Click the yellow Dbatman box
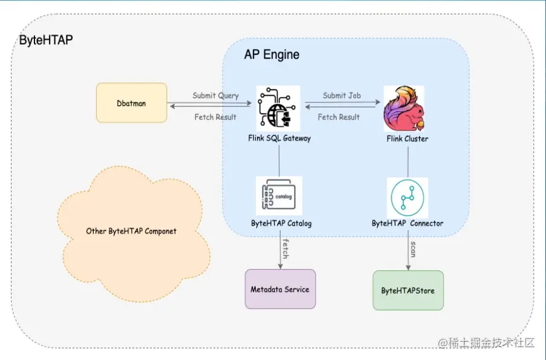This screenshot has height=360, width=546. click(131, 103)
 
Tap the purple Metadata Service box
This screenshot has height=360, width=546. click(280, 289)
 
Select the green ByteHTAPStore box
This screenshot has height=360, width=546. click(408, 290)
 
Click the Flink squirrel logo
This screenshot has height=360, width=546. click(403, 109)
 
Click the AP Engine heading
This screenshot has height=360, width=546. click(271, 55)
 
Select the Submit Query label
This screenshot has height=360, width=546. click(215, 96)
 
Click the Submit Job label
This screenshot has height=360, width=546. click(342, 96)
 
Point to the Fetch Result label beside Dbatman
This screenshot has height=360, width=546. click(215, 117)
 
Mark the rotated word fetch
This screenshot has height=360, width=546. click(285, 248)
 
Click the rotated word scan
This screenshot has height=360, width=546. click(413, 249)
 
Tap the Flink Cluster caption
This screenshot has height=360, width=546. click(408, 139)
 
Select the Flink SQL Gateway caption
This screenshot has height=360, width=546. click(279, 139)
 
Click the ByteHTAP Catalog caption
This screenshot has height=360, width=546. click(281, 223)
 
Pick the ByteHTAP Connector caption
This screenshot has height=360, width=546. click(408, 223)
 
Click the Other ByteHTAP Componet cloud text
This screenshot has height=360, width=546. click(131, 231)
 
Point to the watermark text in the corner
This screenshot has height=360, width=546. click(487, 342)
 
